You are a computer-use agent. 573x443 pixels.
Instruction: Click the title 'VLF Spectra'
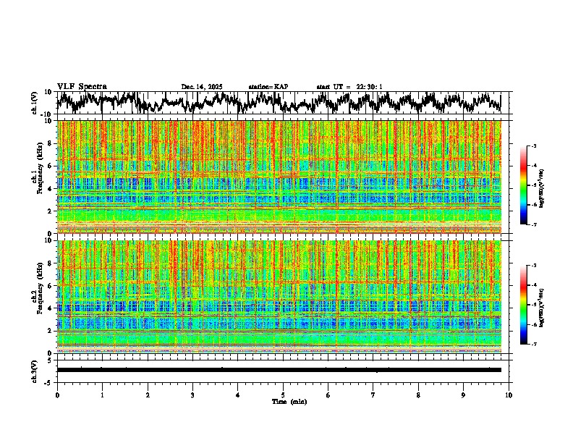click(82, 86)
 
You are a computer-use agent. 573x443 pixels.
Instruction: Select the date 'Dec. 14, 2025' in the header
click(202, 87)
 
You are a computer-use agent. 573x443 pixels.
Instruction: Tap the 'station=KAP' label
click(268, 87)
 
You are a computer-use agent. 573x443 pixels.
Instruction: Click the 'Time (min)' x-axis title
click(289, 402)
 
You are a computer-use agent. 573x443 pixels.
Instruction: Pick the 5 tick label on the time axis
click(283, 395)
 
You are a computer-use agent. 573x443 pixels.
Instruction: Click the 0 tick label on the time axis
click(57, 395)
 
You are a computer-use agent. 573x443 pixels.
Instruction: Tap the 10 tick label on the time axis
click(509, 395)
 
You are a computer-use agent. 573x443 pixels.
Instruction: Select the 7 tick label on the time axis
click(373, 395)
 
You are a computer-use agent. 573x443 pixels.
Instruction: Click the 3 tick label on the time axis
click(192, 395)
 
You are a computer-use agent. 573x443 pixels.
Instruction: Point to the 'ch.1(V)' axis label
click(35, 103)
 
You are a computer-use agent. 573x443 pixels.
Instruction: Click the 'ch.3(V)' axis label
click(35, 370)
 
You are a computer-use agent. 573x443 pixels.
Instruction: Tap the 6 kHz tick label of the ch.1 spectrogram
click(51, 166)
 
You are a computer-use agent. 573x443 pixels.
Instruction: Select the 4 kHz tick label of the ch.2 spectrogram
click(51, 308)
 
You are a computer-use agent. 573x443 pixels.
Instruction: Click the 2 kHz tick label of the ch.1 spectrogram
click(51, 211)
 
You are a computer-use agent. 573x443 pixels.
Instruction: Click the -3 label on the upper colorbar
click(535, 146)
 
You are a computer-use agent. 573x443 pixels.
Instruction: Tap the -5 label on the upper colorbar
click(535, 185)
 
